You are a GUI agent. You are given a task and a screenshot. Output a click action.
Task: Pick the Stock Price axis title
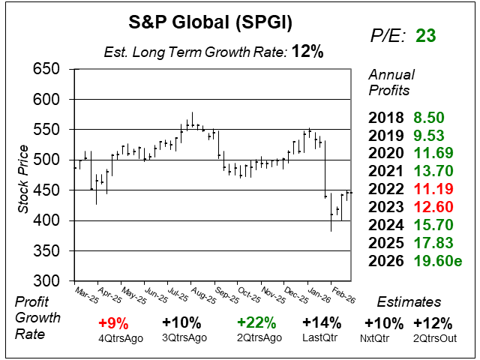[x=24, y=175]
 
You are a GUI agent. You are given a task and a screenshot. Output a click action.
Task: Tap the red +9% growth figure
[x=112, y=323]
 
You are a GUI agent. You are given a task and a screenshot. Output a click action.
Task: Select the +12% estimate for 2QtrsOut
[x=432, y=323]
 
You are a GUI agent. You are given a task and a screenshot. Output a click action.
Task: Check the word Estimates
[x=409, y=302]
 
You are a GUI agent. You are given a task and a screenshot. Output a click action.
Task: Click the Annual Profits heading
[x=389, y=83]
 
